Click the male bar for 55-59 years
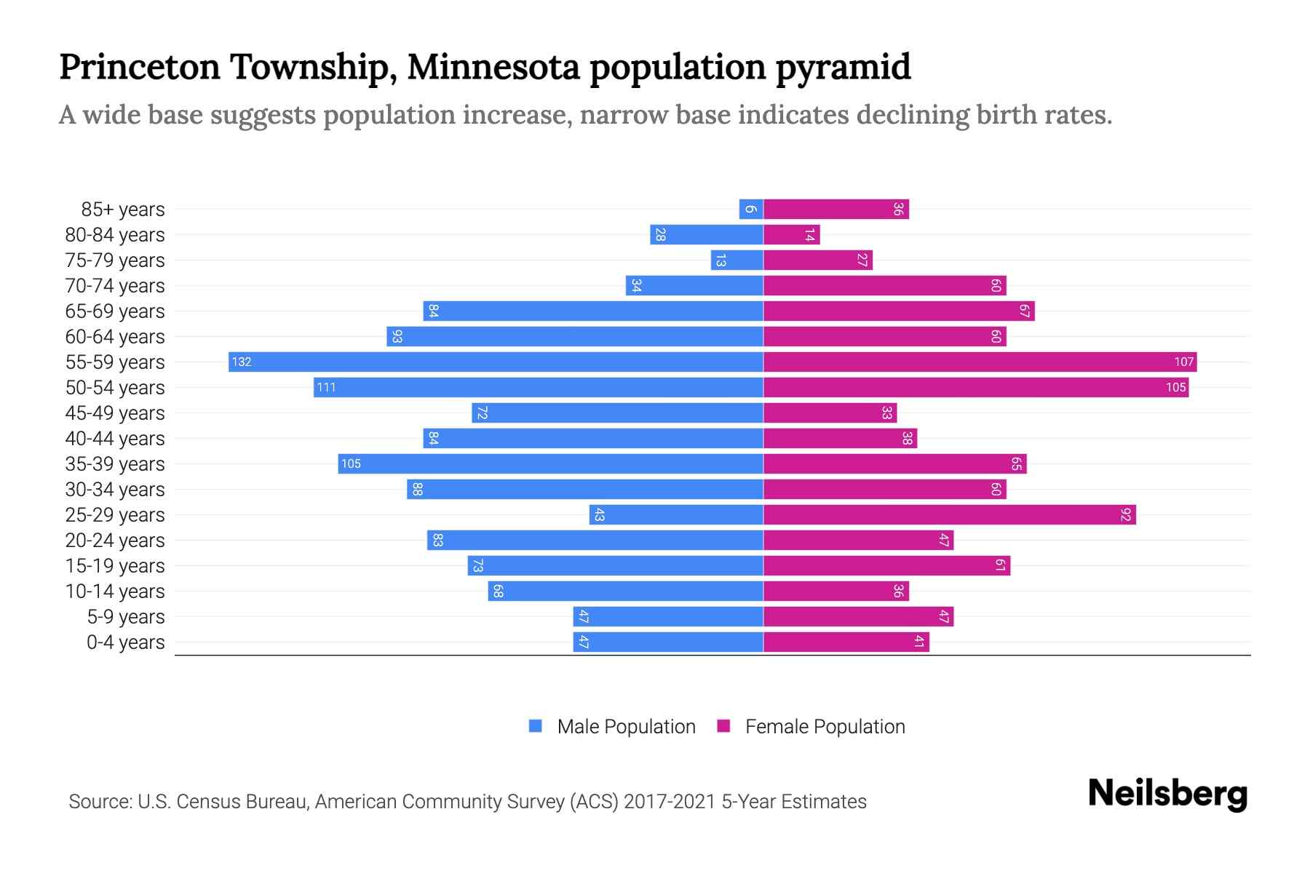pos(496,362)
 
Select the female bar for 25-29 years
pos(950,515)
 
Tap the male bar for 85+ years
pos(751,210)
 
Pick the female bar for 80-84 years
pos(792,235)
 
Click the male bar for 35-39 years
pos(550,463)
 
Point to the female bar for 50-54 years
pos(976,387)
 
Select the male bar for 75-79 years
pos(737,260)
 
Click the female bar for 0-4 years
pos(846,642)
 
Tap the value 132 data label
pos(242,362)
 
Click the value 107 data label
pos(1183,362)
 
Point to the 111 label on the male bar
pos(326,388)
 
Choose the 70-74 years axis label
pos(115,286)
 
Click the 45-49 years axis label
pos(115,413)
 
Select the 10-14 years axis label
pos(115,591)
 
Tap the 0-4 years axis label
pos(125,642)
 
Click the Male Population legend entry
pos(626,726)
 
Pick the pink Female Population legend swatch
pos(723,726)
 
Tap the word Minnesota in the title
pos(493,67)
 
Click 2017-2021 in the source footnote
pos(670,802)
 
